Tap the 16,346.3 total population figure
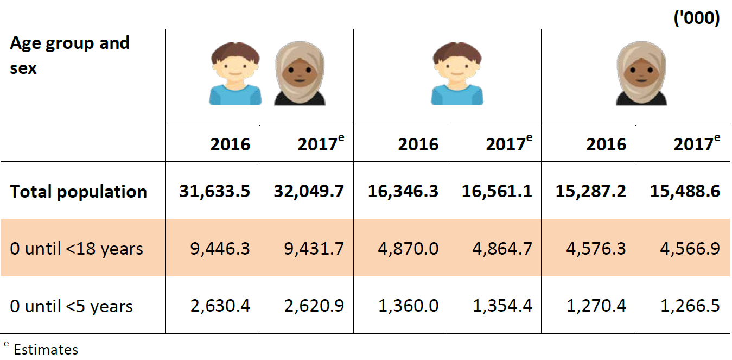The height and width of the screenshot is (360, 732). pyautogui.click(x=403, y=192)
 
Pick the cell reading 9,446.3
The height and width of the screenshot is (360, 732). pyautogui.click(x=220, y=249)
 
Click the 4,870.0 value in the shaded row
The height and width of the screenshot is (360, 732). pyautogui.click(x=408, y=249)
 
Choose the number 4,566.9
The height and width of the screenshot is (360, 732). pyautogui.click(x=690, y=249)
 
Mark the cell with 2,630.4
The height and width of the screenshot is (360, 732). pyautogui.click(x=220, y=306)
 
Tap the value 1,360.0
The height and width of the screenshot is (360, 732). pyautogui.click(x=408, y=306)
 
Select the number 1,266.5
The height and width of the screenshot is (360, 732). pyautogui.click(x=690, y=306)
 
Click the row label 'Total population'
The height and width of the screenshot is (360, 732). pyautogui.click(x=78, y=192)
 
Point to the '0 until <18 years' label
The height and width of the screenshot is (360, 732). pyautogui.click(x=77, y=249)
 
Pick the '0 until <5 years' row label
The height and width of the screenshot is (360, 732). pyautogui.click(x=71, y=306)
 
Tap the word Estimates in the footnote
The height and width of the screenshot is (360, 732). pyautogui.click(x=46, y=349)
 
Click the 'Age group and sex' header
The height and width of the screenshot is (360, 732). pyautogui.click(x=69, y=55)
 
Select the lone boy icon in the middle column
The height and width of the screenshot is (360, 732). pyautogui.click(x=457, y=74)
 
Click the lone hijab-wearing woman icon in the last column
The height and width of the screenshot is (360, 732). pyautogui.click(x=641, y=74)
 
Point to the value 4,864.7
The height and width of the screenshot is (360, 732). pyautogui.click(x=502, y=249)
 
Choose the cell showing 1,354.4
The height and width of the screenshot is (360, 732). pyautogui.click(x=502, y=306)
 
